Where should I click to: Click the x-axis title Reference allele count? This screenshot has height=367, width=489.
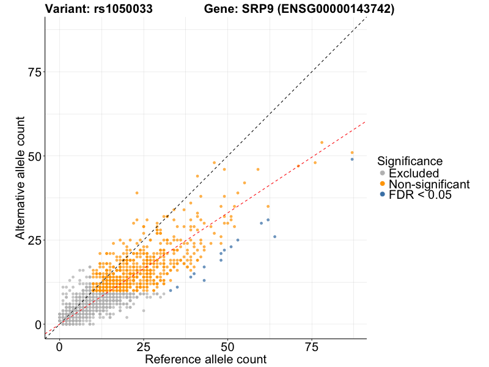click(205, 360)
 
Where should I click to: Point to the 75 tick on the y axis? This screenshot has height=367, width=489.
click(37, 73)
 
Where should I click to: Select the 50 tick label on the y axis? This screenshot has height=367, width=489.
click(37, 157)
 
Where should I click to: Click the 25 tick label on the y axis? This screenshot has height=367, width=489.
click(37, 240)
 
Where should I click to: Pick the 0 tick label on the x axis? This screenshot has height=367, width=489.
click(59, 347)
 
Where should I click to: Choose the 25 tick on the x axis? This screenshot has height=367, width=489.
click(143, 347)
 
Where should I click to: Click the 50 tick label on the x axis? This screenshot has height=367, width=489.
click(227, 347)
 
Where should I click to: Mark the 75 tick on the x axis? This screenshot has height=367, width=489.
click(312, 347)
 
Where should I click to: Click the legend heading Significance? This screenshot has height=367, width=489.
click(410, 161)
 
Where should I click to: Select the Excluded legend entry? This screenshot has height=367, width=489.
click(417, 173)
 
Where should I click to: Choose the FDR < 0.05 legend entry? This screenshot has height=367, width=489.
click(421, 195)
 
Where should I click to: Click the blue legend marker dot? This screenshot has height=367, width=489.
click(383, 195)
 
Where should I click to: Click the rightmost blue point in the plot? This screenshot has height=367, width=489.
click(352, 159)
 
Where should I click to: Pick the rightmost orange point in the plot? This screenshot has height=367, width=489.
click(352, 152)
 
